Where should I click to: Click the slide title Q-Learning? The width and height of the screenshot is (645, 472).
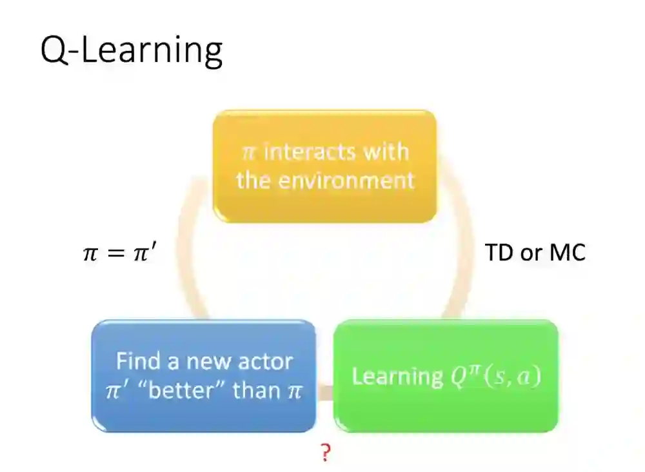tap(132, 50)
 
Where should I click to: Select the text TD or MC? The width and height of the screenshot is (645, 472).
tap(535, 253)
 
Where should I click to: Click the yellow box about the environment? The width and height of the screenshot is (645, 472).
tap(325, 166)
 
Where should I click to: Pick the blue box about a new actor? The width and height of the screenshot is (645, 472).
tap(204, 376)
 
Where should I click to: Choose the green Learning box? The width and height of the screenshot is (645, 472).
tap(446, 376)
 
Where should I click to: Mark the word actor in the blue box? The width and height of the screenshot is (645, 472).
tap(264, 361)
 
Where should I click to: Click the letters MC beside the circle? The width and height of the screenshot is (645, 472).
tap(567, 253)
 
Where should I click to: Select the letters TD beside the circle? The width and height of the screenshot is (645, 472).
tap(498, 253)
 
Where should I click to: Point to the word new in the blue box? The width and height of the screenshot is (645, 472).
tap(210, 361)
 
